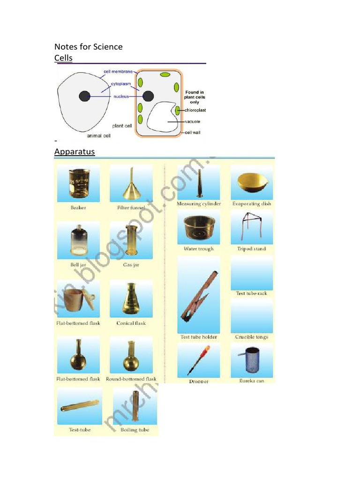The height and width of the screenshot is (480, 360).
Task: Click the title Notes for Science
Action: tap(89, 46)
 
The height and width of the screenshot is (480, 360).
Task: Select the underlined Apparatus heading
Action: tap(75, 152)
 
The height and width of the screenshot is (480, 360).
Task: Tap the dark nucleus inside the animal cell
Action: tap(84, 97)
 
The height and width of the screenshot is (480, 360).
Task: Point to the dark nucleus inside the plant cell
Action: tap(148, 96)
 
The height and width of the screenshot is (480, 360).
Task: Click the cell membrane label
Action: tap(118, 72)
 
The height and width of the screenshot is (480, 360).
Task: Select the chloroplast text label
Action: tap(195, 110)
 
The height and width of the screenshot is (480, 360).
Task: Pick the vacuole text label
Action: tap(192, 121)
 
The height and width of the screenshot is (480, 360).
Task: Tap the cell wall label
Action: tap(192, 133)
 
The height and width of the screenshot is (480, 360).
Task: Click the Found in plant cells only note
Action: tap(195, 97)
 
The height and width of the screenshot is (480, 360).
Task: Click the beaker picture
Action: tap(78, 183)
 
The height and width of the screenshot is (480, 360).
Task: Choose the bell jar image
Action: tap(78, 240)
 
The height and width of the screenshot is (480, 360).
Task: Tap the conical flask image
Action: tap(131, 299)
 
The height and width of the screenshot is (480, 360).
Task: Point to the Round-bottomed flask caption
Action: tap(131, 379)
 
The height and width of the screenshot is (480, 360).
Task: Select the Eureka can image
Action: tap(251, 360)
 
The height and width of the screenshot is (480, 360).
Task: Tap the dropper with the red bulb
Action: tap(199, 360)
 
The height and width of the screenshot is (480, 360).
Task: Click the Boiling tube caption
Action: tap(135, 430)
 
